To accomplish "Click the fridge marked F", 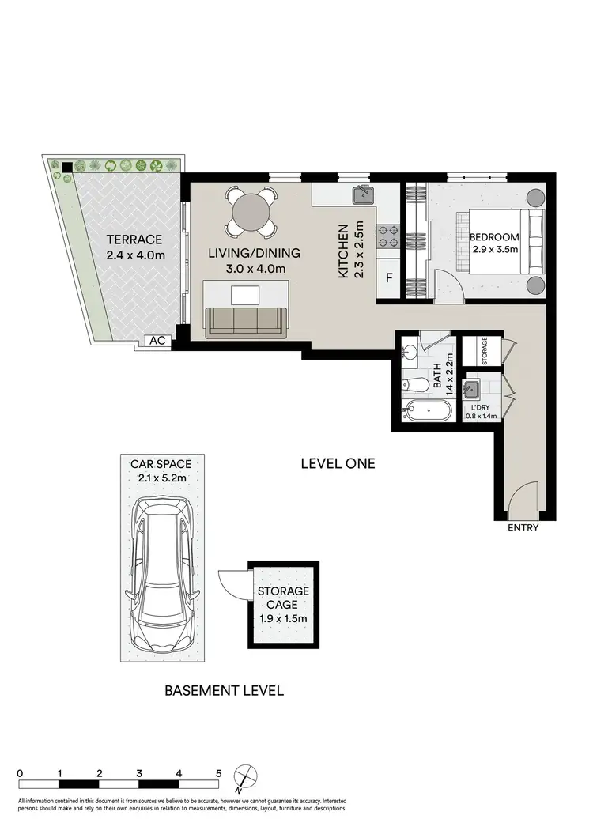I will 389,278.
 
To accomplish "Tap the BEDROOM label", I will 494,237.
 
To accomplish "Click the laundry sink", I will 473,388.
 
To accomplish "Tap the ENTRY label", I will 523,527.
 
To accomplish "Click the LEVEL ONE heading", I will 338,463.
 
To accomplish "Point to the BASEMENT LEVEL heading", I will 224,690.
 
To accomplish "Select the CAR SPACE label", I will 164,464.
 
